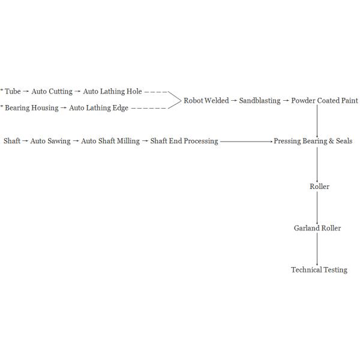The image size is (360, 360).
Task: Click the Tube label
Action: coord(13,92)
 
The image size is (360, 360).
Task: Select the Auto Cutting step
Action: coord(52,92)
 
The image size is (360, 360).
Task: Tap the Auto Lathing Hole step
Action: coord(112,92)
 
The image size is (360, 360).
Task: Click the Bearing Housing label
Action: coord(32,108)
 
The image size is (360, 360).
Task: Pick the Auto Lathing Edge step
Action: coord(98,108)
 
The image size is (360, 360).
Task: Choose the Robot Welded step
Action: coord(206,101)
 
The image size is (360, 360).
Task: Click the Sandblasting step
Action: coord(259,101)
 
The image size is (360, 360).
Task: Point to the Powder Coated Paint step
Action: coord(324,101)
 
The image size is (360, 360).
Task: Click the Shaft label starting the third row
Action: coord(12,141)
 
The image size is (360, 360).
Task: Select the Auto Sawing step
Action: coord(50,141)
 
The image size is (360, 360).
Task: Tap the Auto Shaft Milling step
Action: coord(110,141)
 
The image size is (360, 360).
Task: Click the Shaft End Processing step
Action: coord(184,141)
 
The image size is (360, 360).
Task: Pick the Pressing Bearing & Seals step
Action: coord(313,141)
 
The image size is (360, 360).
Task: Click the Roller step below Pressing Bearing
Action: coord(319,187)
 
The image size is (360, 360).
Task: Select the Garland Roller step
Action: coord(317,228)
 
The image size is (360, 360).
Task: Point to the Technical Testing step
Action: coord(319,270)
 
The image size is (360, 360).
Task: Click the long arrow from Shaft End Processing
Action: coord(246,141)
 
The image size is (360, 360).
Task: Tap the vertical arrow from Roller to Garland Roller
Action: coord(317,208)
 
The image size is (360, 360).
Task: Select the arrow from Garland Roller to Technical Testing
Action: coord(317,249)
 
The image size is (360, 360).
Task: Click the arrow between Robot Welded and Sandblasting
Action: coord(234,101)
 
